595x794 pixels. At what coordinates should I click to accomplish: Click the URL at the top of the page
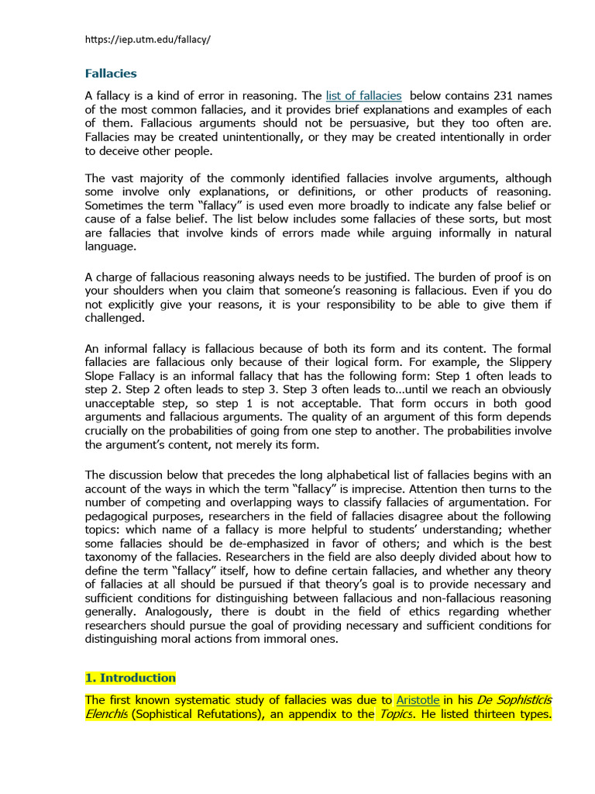pyautogui.click(x=147, y=40)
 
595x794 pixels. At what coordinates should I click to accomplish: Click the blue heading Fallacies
pyautogui.click(x=110, y=74)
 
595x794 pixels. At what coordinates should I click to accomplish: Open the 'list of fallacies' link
pyautogui.click(x=363, y=96)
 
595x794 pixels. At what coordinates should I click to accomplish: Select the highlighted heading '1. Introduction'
pyautogui.click(x=130, y=678)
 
